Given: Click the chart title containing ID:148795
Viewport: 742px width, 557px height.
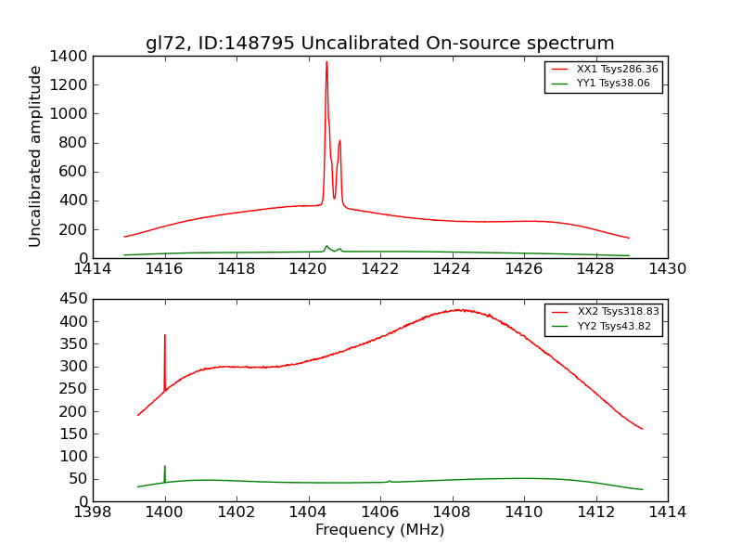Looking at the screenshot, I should (379, 44).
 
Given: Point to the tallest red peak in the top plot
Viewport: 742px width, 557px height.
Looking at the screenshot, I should (326, 63).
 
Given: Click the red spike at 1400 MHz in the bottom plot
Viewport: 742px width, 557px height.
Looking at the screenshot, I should (165, 336).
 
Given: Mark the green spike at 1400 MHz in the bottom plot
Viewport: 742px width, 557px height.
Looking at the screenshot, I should (165, 467).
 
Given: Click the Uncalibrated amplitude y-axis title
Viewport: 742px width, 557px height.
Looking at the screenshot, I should (36, 156).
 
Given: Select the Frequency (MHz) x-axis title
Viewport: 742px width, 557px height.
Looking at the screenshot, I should (379, 531).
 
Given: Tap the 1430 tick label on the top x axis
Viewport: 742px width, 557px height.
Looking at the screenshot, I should (667, 269).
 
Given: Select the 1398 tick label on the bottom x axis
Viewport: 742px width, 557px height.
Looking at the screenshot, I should (93, 512).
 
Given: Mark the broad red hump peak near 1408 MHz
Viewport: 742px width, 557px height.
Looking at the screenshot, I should (456, 310).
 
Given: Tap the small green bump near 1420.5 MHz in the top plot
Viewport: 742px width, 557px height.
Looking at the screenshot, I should (326, 246).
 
